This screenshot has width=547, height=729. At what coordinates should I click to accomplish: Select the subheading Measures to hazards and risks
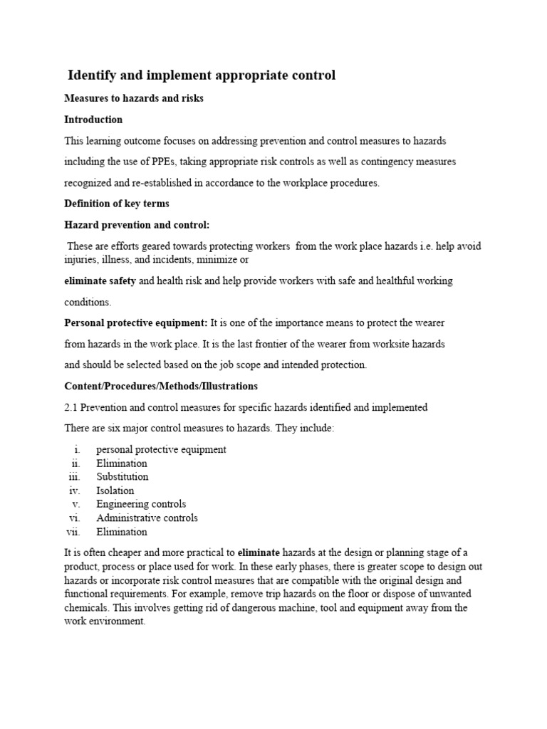click(x=134, y=98)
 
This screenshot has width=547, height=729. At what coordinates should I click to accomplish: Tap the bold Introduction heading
click(x=93, y=120)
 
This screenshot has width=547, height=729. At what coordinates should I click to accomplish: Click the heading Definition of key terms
click(x=117, y=204)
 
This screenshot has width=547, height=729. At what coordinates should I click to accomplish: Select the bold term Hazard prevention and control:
click(x=137, y=225)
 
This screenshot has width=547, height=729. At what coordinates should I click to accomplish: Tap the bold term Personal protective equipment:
click(x=136, y=323)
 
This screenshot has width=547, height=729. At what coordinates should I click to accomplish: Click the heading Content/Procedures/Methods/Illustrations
click(x=161, y=386)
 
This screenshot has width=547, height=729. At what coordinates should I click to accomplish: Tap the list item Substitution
click(x=123, y=477)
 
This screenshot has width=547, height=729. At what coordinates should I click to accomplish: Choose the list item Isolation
click(x=115, y=491)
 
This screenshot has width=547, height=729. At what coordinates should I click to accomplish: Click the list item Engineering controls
click(x=141, y=504)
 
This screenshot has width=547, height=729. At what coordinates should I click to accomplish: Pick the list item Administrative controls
click(x=147, y=518)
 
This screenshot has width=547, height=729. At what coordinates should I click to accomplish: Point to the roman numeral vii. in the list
click(x=74, y=532)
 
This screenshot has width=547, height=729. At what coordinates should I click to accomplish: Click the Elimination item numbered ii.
click(x=122, y=463)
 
